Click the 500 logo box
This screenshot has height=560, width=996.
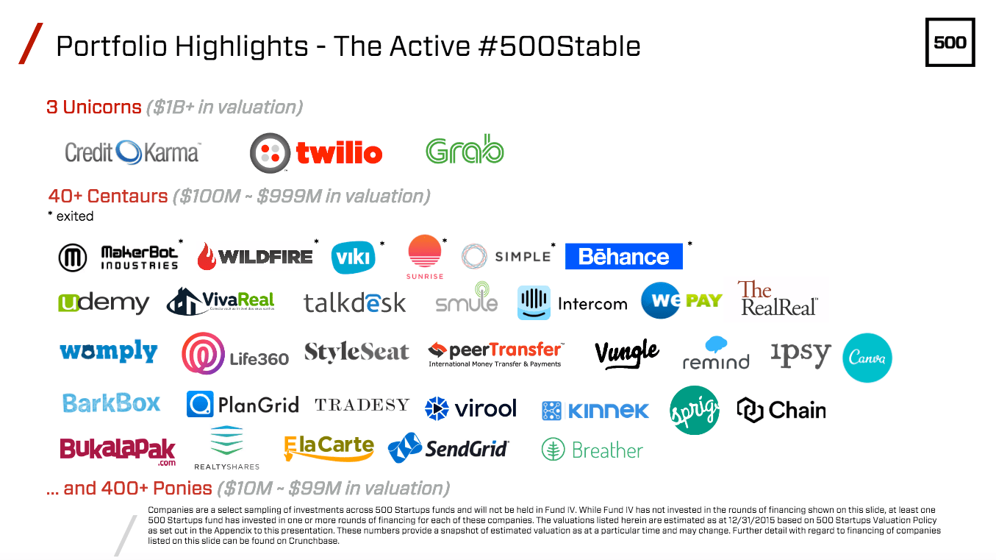950,42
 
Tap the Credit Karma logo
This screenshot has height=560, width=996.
133,152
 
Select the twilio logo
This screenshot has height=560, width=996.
316,152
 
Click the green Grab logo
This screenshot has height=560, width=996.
465,149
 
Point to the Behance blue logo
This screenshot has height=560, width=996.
624,256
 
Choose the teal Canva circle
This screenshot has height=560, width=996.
867,358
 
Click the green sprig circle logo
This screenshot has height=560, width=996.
695,410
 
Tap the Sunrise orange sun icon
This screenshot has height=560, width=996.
425,251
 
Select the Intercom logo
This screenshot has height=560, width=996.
573,302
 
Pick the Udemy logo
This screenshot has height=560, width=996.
104,303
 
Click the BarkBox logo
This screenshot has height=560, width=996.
111,403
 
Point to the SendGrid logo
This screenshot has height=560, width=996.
448,448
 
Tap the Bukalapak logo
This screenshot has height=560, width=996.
118,450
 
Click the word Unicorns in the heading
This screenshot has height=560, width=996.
102,107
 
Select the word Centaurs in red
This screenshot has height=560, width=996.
127,196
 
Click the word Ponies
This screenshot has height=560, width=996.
182,489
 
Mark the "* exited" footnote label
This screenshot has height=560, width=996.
71,216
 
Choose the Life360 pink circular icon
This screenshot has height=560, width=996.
203,353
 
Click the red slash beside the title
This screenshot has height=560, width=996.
31,43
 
